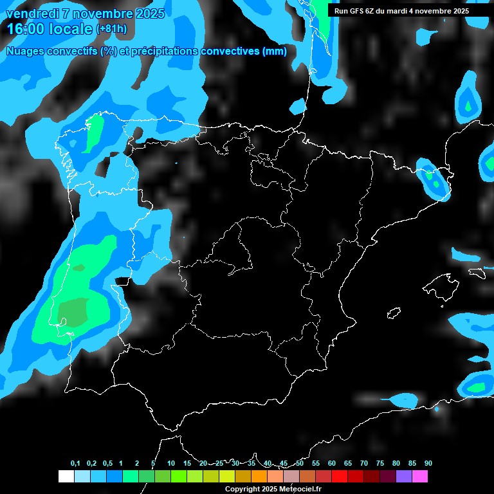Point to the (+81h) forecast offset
click(112, 29)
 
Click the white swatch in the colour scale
click(66, 477)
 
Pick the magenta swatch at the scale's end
click(419, 477)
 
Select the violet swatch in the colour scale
click(403, 477)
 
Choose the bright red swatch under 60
click(339, 477)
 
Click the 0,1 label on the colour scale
click(75, 464)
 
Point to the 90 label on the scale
click(428, 464)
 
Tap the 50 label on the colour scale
click(300, 464)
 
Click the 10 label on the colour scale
click(171, 464)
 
